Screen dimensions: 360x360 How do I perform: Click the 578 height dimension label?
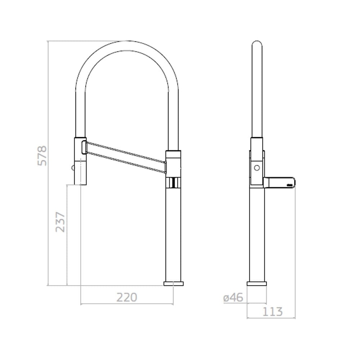point(42,156)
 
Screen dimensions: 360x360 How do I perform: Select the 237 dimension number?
point(61,222)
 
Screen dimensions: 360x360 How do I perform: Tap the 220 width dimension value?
point(127,297)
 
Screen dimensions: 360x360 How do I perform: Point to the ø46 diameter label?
point(233,298)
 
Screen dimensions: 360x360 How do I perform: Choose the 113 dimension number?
point(273,311)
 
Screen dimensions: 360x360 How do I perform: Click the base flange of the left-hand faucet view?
point(173,284)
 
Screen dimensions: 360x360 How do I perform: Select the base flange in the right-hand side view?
point(257,284)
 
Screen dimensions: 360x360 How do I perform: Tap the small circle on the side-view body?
point(257,168)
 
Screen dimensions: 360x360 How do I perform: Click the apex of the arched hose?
point(127,46)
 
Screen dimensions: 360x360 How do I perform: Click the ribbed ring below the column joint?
point(173,183)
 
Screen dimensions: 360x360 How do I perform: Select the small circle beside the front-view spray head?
point(73,168)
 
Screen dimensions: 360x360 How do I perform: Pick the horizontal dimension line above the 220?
point(127,304)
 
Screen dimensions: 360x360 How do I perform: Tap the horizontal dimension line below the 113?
point(271,318)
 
